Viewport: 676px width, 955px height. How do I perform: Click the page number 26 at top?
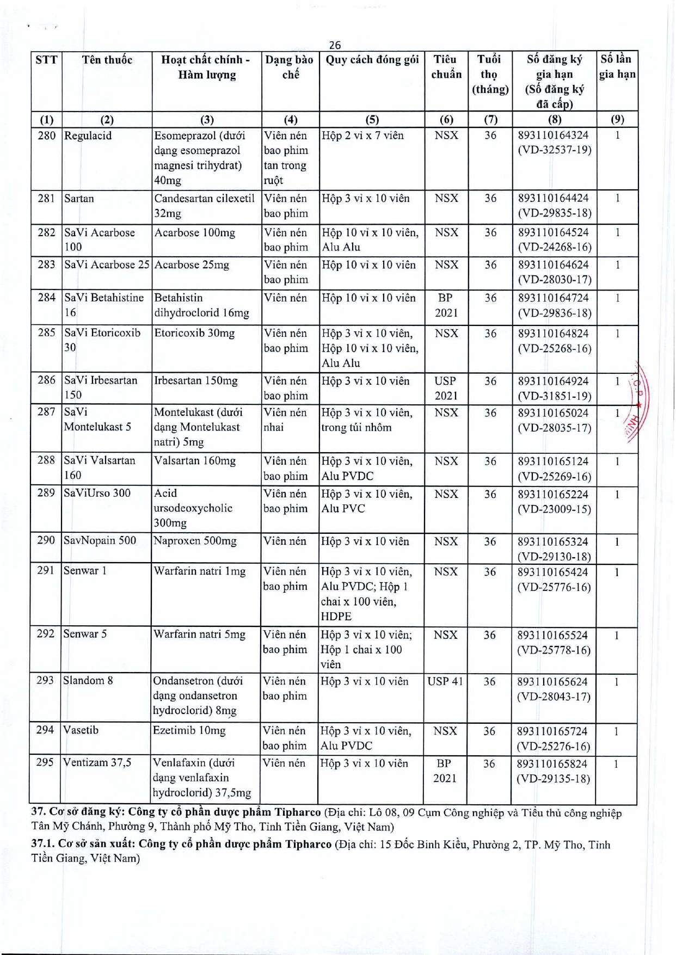[335, 45]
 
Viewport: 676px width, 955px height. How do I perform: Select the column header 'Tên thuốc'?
[107, 60]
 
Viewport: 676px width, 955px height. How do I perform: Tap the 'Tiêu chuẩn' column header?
[446, 67]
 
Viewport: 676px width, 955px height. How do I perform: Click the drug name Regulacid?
[88, 135]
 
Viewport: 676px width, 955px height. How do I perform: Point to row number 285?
[46, 332]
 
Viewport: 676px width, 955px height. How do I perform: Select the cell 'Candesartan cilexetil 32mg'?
[204, 206]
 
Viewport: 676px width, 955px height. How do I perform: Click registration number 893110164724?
[553, 298]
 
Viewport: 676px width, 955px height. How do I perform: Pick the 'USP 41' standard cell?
[445, 681]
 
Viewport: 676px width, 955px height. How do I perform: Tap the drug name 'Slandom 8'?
[88, 680]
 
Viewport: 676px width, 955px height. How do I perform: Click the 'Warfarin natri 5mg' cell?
[199, 634]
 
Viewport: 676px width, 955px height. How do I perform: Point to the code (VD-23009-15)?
[554, 509]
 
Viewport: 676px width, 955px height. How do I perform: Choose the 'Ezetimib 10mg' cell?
[189, 730]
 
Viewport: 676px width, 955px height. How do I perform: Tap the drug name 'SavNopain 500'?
[100, 540]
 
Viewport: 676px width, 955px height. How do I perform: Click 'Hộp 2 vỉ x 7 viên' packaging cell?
[362, 135]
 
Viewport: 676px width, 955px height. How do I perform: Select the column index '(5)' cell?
[372, 120]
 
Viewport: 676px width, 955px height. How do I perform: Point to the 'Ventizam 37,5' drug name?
[97, 762]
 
